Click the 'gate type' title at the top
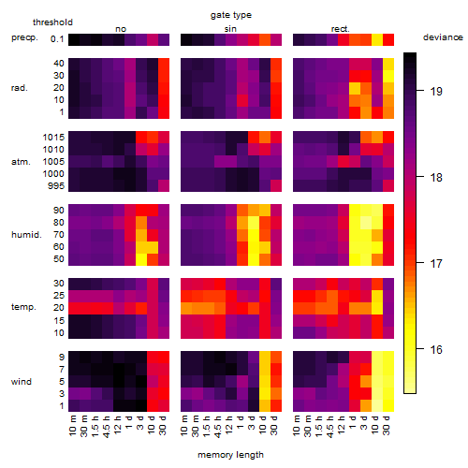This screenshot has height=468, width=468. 231,15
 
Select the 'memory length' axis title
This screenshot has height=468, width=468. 230,455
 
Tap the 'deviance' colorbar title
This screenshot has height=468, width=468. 443,37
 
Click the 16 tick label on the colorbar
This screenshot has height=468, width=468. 436,349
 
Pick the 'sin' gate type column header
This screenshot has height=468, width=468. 230,29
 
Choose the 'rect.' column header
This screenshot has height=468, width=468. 340,29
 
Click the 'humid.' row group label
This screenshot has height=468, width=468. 26,235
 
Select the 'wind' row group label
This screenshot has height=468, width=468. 22,382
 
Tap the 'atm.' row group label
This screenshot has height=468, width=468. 21,162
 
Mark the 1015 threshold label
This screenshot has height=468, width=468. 53,138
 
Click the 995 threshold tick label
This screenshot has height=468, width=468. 56,186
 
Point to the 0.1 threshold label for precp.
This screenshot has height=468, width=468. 57,39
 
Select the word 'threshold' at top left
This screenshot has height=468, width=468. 52,22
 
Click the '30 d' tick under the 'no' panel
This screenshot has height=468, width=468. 163,425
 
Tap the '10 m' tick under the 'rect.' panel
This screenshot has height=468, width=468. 297,425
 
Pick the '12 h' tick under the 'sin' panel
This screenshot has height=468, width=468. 229,425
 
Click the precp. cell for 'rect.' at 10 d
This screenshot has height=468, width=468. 377,39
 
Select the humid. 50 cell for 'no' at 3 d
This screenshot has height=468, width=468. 141,259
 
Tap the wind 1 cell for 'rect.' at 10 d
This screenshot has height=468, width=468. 377,405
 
